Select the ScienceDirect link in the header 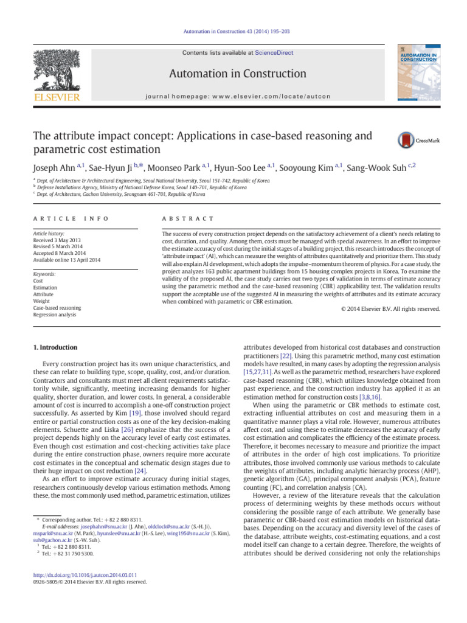274,53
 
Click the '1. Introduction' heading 55,347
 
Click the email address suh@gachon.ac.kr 52,539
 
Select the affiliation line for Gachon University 122,195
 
